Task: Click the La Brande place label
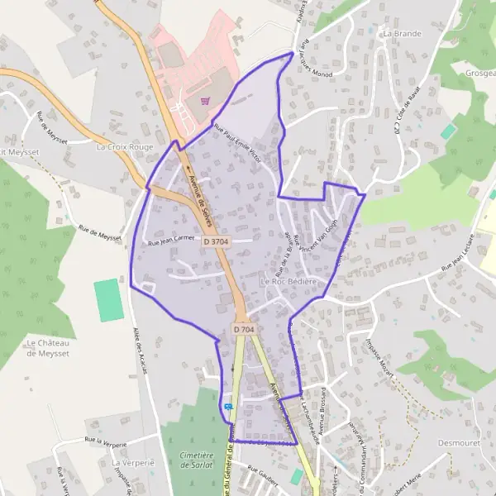403,34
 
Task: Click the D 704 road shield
244,329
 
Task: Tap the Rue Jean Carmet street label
170,241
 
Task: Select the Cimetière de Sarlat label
196,460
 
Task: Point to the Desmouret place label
454,441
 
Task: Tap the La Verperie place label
133,463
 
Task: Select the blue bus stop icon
228,407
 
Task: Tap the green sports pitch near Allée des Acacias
107,301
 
